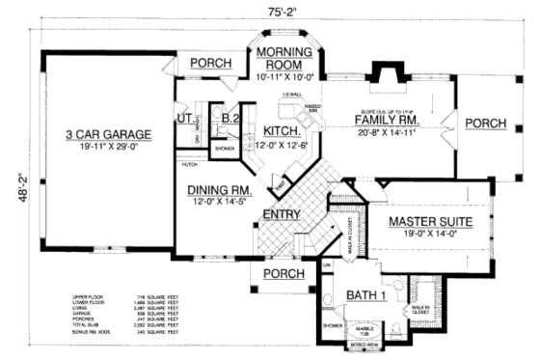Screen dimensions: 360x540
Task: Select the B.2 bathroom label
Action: (x=229, y=121)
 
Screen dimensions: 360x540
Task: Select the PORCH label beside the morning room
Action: (x=211, y=64)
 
